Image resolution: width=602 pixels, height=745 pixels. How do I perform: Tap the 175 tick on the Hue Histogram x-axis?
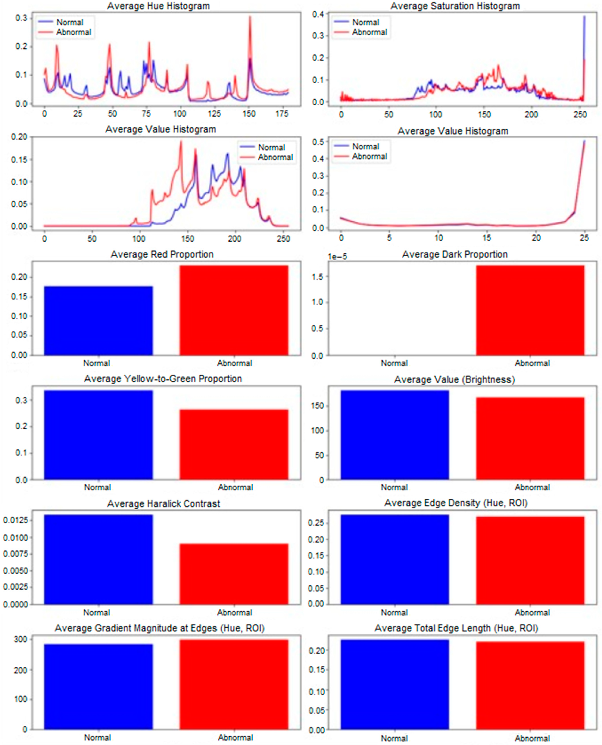point(282,114)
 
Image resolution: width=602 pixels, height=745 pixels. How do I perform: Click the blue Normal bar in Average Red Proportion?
point(98,321)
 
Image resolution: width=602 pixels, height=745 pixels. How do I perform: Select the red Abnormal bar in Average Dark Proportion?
point(530,310)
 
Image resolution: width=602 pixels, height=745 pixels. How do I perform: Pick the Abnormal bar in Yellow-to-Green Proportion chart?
point(234,445)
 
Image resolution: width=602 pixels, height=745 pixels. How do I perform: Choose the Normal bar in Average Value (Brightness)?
point(395,435)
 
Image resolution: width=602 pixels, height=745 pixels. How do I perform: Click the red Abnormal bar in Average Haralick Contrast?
point(234,574)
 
